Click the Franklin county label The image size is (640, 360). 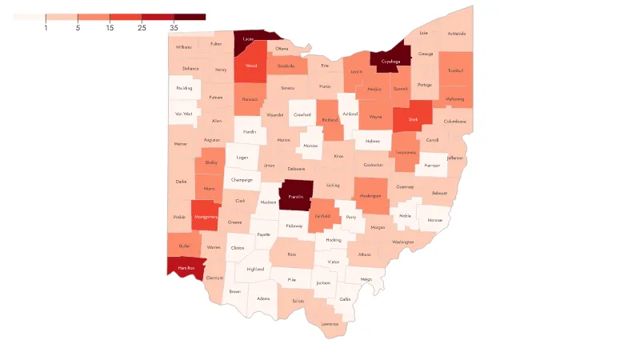297,197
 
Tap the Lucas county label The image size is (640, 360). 249,38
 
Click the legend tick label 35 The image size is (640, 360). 174,28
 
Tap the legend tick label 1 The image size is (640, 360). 46,28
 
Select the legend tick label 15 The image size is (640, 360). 110,28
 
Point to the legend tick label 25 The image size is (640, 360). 142,28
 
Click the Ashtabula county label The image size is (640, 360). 456,34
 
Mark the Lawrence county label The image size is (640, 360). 330,323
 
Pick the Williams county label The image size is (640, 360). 184,47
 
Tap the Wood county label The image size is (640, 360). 250,67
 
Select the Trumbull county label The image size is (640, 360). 456,70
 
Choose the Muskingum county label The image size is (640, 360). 370,196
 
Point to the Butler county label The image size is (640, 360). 184,246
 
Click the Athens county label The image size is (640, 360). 365,254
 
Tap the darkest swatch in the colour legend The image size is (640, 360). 190,16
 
